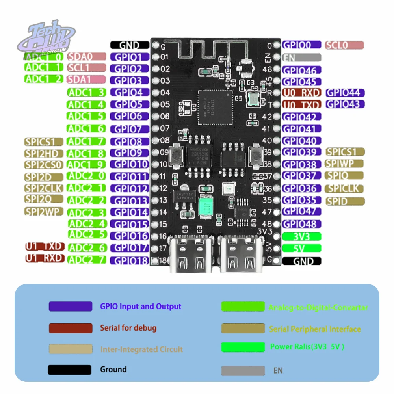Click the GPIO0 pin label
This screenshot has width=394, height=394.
(302, 45)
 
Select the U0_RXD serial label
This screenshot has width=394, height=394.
(302, 93)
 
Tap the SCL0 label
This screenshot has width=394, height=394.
(344, 45)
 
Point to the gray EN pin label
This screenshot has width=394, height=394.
(302, 58)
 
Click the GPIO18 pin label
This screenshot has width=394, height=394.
(130, 260)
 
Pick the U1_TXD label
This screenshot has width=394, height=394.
(45, 247)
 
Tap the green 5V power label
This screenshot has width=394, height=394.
(302, 248)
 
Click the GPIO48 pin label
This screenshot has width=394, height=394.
(302, 224)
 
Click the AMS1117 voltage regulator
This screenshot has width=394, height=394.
(182, 196)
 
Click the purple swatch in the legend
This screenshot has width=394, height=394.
(70, 306)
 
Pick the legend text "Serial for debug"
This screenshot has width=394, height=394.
(128, 328)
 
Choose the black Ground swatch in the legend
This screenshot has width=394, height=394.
(70, 370)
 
